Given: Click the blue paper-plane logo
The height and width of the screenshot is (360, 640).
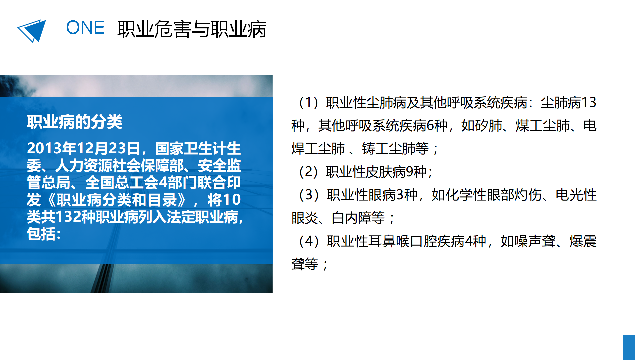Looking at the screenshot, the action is coord(32,31).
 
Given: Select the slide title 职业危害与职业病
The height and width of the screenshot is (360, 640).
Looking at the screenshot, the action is coord(192,29).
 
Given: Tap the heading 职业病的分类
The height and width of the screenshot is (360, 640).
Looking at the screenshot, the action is coord(75,122).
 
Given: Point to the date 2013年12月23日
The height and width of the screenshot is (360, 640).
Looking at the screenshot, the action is coord(84,148).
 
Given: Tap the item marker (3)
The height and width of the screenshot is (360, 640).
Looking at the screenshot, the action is coord(310,195).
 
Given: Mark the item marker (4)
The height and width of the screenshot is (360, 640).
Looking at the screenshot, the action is coord(310,241).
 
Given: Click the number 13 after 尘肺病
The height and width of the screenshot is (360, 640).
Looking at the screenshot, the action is coord(589,102).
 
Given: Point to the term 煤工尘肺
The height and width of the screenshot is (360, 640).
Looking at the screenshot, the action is coord(542,126).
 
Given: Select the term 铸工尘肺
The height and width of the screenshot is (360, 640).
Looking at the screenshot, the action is coord(389,149).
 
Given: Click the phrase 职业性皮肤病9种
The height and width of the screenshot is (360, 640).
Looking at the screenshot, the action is coord(376,172).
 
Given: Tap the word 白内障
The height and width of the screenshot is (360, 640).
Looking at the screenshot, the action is coord(351,218).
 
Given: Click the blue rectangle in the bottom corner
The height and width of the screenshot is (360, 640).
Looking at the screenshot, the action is coord(629,347).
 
